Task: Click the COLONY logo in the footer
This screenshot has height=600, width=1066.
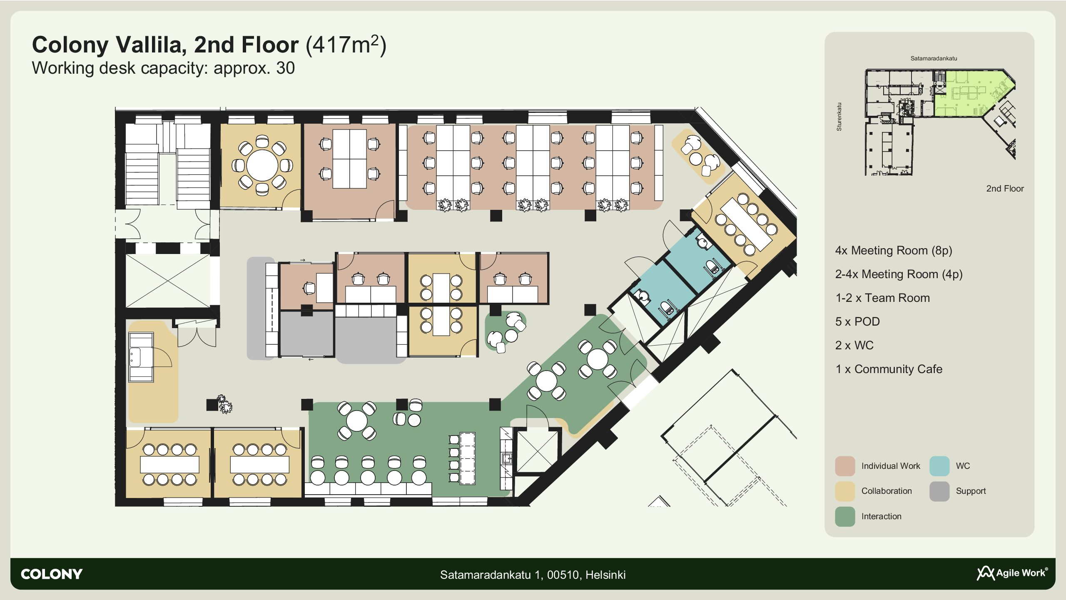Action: pos(52,574)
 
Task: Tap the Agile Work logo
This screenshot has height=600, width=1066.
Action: pos(1012,573)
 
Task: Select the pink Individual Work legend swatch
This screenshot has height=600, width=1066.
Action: pos(845,466)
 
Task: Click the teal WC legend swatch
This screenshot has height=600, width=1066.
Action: pos(939,466)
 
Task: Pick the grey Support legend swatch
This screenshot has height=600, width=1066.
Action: pos(939,491)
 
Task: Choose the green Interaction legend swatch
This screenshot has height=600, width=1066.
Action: pos(845,517)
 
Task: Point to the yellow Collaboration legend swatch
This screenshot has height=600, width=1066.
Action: pos(845,491)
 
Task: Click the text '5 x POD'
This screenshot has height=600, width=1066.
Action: pos(857,321)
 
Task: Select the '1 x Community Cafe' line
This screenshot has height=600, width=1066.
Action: pos(889,369)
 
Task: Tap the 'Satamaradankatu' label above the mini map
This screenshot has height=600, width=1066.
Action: pos(934,58)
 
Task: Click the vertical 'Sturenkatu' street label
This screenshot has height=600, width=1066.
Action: pos(839,117)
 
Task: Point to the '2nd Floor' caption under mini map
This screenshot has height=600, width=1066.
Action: pos(1005,189)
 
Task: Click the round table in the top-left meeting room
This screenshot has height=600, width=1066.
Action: pos(262,165)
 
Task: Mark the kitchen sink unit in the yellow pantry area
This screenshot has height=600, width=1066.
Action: pos(141,357)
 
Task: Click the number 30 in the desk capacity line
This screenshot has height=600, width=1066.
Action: pos(285,68)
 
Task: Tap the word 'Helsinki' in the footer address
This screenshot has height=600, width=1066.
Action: pos(605,575)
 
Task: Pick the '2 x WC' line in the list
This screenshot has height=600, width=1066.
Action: pos(854,345)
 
